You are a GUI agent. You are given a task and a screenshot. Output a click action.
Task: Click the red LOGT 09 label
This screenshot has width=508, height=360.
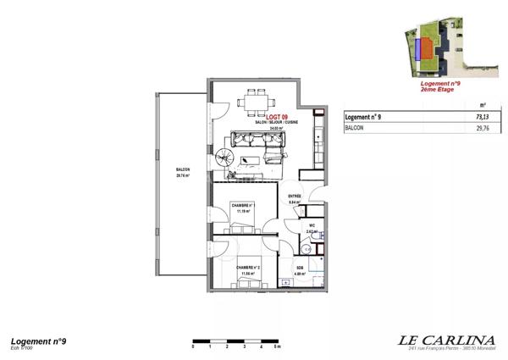277,117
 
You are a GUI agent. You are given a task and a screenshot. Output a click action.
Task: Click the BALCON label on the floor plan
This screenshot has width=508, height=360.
182,170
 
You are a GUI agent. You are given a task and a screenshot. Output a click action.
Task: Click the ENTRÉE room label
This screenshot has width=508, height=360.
295,197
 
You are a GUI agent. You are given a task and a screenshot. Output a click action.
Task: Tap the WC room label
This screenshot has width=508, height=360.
311,224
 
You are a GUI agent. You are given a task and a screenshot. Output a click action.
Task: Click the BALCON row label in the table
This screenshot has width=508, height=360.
356,129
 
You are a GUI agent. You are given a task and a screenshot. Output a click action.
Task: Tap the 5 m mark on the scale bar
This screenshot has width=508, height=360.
278,347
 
